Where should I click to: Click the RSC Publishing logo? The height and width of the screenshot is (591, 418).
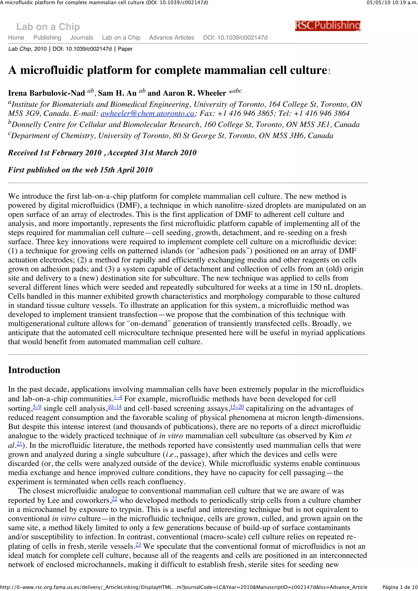coord(327,26)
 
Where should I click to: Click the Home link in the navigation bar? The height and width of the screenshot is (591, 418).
coord(16,38)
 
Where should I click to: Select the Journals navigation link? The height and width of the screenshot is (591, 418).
coord(81,38)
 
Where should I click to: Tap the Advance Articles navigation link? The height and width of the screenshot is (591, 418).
coord(171,38)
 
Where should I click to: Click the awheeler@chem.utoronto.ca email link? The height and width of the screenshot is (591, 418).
coord(147,113)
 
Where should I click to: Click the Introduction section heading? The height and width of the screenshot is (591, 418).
coord(34,370)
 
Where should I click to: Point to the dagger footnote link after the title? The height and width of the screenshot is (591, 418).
coord(329,71)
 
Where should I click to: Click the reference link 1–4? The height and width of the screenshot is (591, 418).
coord(118,397)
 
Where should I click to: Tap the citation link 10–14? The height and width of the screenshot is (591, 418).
coord(115,407)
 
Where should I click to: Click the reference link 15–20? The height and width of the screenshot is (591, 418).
coord(237,407)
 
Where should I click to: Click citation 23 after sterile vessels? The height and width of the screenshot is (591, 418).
coord(138,545)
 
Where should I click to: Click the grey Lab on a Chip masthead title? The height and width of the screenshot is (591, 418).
coord(48,27)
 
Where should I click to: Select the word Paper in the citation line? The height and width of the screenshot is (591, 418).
coord(125,49)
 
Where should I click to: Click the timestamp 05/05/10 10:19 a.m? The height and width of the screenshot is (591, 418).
coord(392,3)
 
